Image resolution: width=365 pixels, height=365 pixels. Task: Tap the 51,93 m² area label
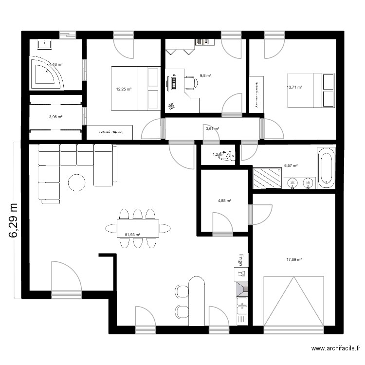point(132,235)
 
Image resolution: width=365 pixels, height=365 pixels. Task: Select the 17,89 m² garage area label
point(294,260)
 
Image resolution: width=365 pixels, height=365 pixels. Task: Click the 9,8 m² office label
point(205,75)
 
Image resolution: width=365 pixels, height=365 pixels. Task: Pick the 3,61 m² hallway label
point(212,129)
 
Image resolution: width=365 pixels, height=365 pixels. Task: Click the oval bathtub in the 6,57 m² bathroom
point(326,167)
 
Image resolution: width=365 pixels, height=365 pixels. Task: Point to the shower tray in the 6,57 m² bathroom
point(267,178)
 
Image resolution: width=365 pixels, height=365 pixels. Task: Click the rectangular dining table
point(138,228)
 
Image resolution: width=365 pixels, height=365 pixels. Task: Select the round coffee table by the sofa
point(76,182)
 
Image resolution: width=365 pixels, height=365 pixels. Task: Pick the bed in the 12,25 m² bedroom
point(135,89)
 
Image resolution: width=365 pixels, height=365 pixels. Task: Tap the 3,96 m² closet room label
point(55,117)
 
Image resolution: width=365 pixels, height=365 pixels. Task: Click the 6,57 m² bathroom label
point(291,165)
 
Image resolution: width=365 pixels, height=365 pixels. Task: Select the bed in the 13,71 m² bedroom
point(311,91)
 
